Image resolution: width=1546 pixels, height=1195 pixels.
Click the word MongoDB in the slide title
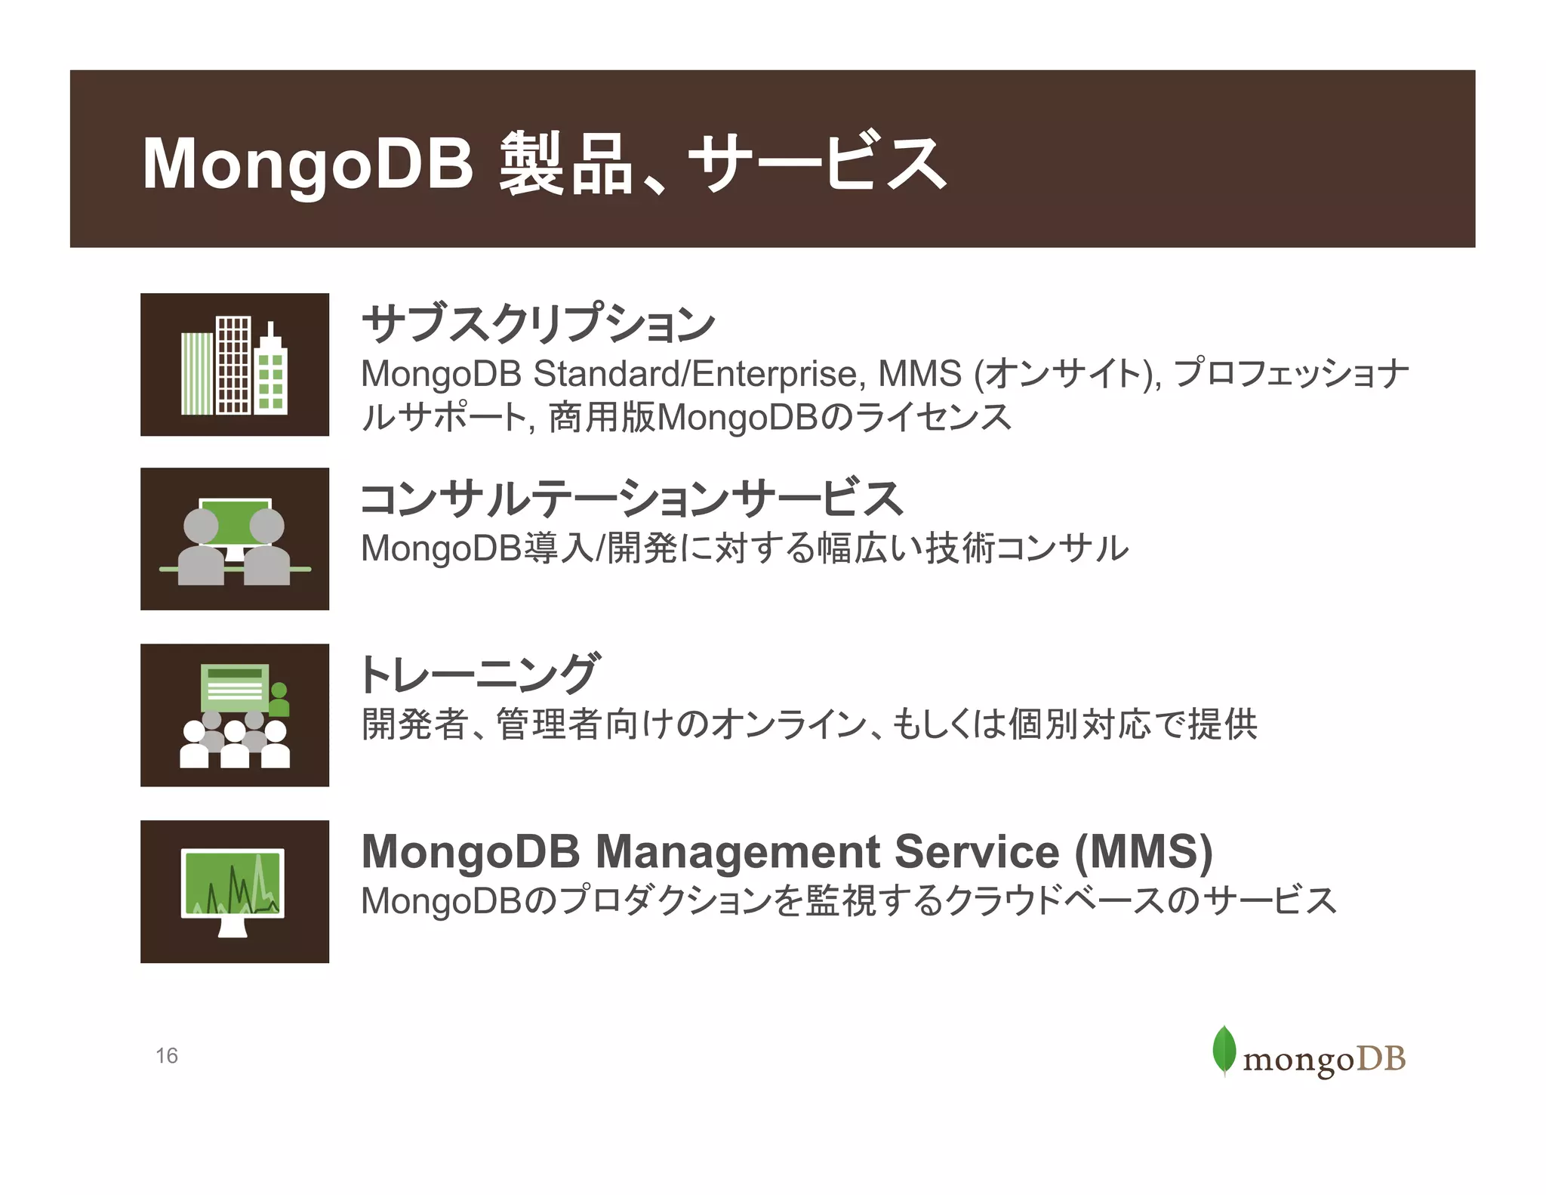point(308,163)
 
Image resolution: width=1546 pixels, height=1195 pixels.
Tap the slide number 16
point(167,1055)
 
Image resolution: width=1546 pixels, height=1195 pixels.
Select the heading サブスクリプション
point(538,323)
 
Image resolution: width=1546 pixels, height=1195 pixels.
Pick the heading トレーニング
point(480,673)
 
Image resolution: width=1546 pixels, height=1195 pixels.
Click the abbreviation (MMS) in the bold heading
point(1143,851)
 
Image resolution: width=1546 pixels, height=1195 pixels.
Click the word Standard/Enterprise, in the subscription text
point(695,374)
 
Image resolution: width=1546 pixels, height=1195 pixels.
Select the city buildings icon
point(235,365)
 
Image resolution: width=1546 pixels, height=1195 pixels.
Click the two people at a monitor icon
point(235,539)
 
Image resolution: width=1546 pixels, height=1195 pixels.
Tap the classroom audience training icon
point(235,715)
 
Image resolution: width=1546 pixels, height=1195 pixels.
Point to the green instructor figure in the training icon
point(279,699)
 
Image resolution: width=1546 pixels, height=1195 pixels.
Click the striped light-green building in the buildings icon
point(197,374)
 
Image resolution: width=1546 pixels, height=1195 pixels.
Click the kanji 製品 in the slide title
point(565,163)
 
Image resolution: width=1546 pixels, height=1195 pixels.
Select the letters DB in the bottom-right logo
point(1381,1059)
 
